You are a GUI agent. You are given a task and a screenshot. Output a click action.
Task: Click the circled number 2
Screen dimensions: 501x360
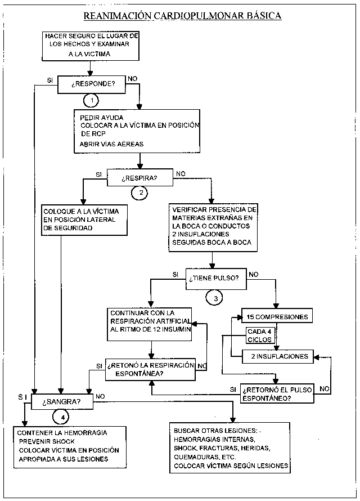pos(139,193)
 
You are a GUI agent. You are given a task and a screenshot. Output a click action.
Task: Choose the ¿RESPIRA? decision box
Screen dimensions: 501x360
pos(139,178)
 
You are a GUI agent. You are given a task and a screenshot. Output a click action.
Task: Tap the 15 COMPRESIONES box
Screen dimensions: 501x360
pos(277,316)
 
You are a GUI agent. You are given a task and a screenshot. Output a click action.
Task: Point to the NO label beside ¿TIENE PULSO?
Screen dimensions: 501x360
pos(254,275)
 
